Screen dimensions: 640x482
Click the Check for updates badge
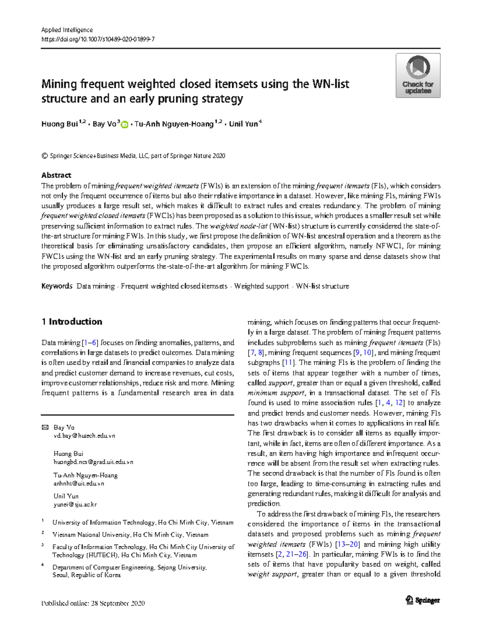tap(418, 76)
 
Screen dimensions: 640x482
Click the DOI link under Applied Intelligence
tap(98, 39)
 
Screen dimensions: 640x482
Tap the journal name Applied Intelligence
tap(67, 30)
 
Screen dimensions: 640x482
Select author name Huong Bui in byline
tap(59, 124)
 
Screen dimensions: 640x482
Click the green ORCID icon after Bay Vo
tap(125, 125)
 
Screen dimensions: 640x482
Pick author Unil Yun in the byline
tap(243, 124)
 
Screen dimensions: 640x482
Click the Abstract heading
tap(56, 175)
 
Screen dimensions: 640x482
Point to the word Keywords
tap(57, 286)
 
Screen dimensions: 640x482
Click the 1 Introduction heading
tap(72, 321)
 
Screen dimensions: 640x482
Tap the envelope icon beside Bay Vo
tap(45, 427)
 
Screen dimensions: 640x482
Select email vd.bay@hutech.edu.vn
tap(84, 436)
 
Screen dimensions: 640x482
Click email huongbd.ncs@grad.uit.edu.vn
tap(93, 462)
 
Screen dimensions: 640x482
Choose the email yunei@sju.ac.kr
tap(75, 504)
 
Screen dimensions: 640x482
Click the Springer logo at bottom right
tap(423, 600)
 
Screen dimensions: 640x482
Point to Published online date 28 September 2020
tap(93, 603)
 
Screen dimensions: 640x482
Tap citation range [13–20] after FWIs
tap(348, 544)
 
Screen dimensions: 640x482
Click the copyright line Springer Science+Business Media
tap(133, 156)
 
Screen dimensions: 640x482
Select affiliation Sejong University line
tap(129, 567)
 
